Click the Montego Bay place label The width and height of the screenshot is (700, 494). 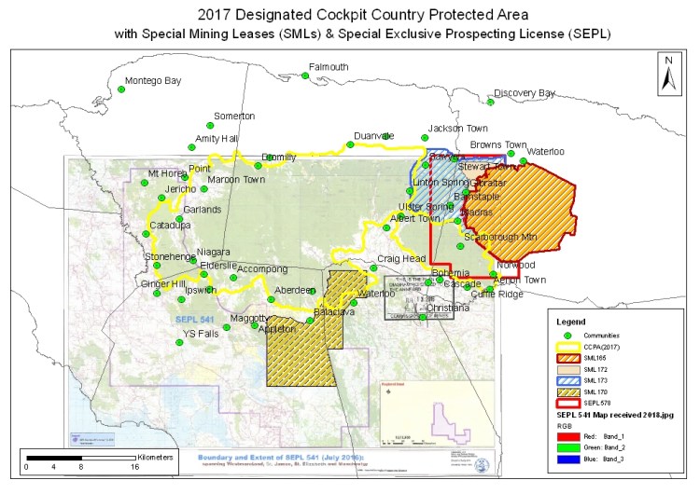153,81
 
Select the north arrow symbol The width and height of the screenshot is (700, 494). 668,73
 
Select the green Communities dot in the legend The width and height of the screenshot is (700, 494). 562,334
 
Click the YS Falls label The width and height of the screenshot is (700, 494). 200,334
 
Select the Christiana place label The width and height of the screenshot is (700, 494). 448,308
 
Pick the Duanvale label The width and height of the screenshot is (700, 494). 373,135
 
